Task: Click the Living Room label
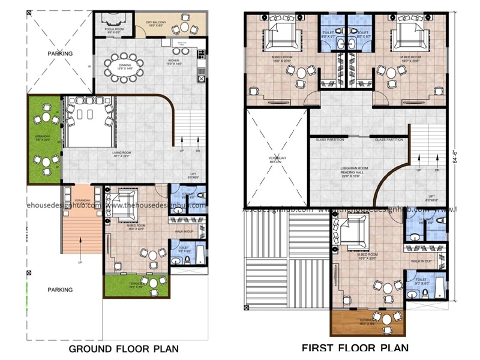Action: [122, 154]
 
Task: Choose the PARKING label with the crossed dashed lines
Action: [60, 53]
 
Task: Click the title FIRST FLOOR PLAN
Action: [355, 347]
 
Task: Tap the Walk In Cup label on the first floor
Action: [425, 261]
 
